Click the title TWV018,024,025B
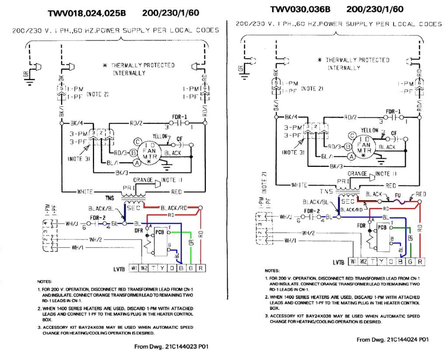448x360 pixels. (87, 14)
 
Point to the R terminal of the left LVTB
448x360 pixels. (200, 268)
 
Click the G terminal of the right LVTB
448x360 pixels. (409, 262)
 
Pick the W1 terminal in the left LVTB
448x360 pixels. (133, 268)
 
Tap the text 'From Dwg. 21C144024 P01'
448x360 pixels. (392, 339)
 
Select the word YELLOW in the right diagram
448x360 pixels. (370, 131)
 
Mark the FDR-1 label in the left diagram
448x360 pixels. (179, 117)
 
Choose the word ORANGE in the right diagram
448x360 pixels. (357, 173)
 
